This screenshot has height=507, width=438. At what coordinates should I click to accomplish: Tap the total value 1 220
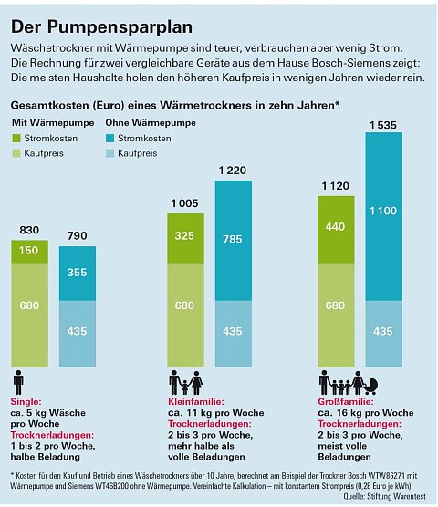233,171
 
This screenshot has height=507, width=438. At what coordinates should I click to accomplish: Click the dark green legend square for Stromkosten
18,139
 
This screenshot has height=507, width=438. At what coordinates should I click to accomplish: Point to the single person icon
18,382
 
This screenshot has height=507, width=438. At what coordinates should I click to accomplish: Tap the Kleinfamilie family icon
184,382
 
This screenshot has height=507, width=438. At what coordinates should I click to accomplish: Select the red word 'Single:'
26,400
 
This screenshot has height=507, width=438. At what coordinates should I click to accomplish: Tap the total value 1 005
183,204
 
